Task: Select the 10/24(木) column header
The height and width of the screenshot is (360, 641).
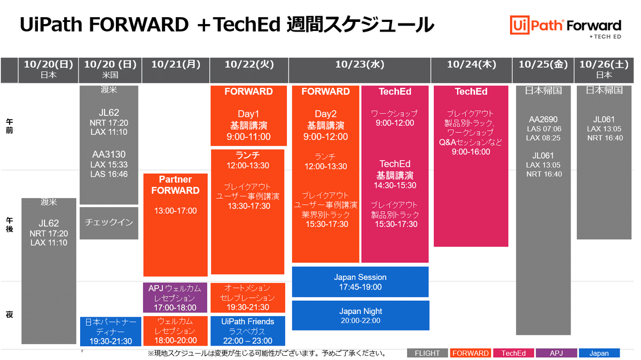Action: click(471, 65)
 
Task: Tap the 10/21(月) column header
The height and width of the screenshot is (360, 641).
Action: click(176, 65)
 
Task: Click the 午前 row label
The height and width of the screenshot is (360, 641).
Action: click(9, 126)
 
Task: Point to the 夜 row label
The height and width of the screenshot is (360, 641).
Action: click(9, 315)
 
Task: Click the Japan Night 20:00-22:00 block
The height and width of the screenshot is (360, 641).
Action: click(360, 316)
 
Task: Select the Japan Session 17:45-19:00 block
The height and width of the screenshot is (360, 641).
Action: click(360, 282)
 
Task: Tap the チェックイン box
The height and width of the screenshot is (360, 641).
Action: click(109, 222)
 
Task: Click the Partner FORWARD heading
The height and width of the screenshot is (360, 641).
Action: click(175, 185)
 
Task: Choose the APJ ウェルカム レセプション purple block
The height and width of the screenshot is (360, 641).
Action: click(175, 298)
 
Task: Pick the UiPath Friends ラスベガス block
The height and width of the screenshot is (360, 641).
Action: click(247, 331)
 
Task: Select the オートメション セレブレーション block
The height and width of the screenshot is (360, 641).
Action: click(247, 298)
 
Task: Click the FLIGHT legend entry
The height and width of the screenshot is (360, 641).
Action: click(427, 353)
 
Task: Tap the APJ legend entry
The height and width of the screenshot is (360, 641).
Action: click(557, 353)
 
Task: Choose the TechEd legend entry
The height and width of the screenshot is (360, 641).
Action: click(513, 353)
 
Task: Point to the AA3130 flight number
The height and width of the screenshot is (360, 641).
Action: click(109, 154)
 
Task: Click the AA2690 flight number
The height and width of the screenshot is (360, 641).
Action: click(543, 120)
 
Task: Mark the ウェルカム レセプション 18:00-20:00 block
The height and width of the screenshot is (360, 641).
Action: click(175, 331)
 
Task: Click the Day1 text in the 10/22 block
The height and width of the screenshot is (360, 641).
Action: click(248, 114)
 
